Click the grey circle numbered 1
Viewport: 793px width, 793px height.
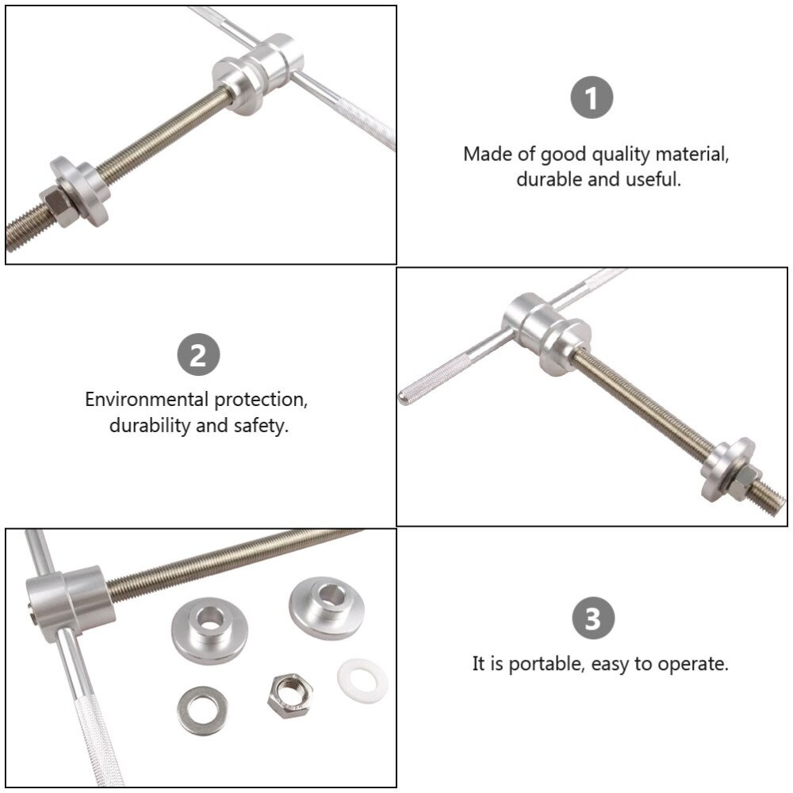592,98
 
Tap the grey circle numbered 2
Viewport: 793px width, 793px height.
198,354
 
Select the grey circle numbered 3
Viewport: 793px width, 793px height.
593,618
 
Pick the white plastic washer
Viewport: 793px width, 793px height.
362,680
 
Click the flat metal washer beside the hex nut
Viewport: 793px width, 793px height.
202,711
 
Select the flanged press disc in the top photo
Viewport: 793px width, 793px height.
81,190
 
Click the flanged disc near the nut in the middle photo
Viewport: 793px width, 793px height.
726,469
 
